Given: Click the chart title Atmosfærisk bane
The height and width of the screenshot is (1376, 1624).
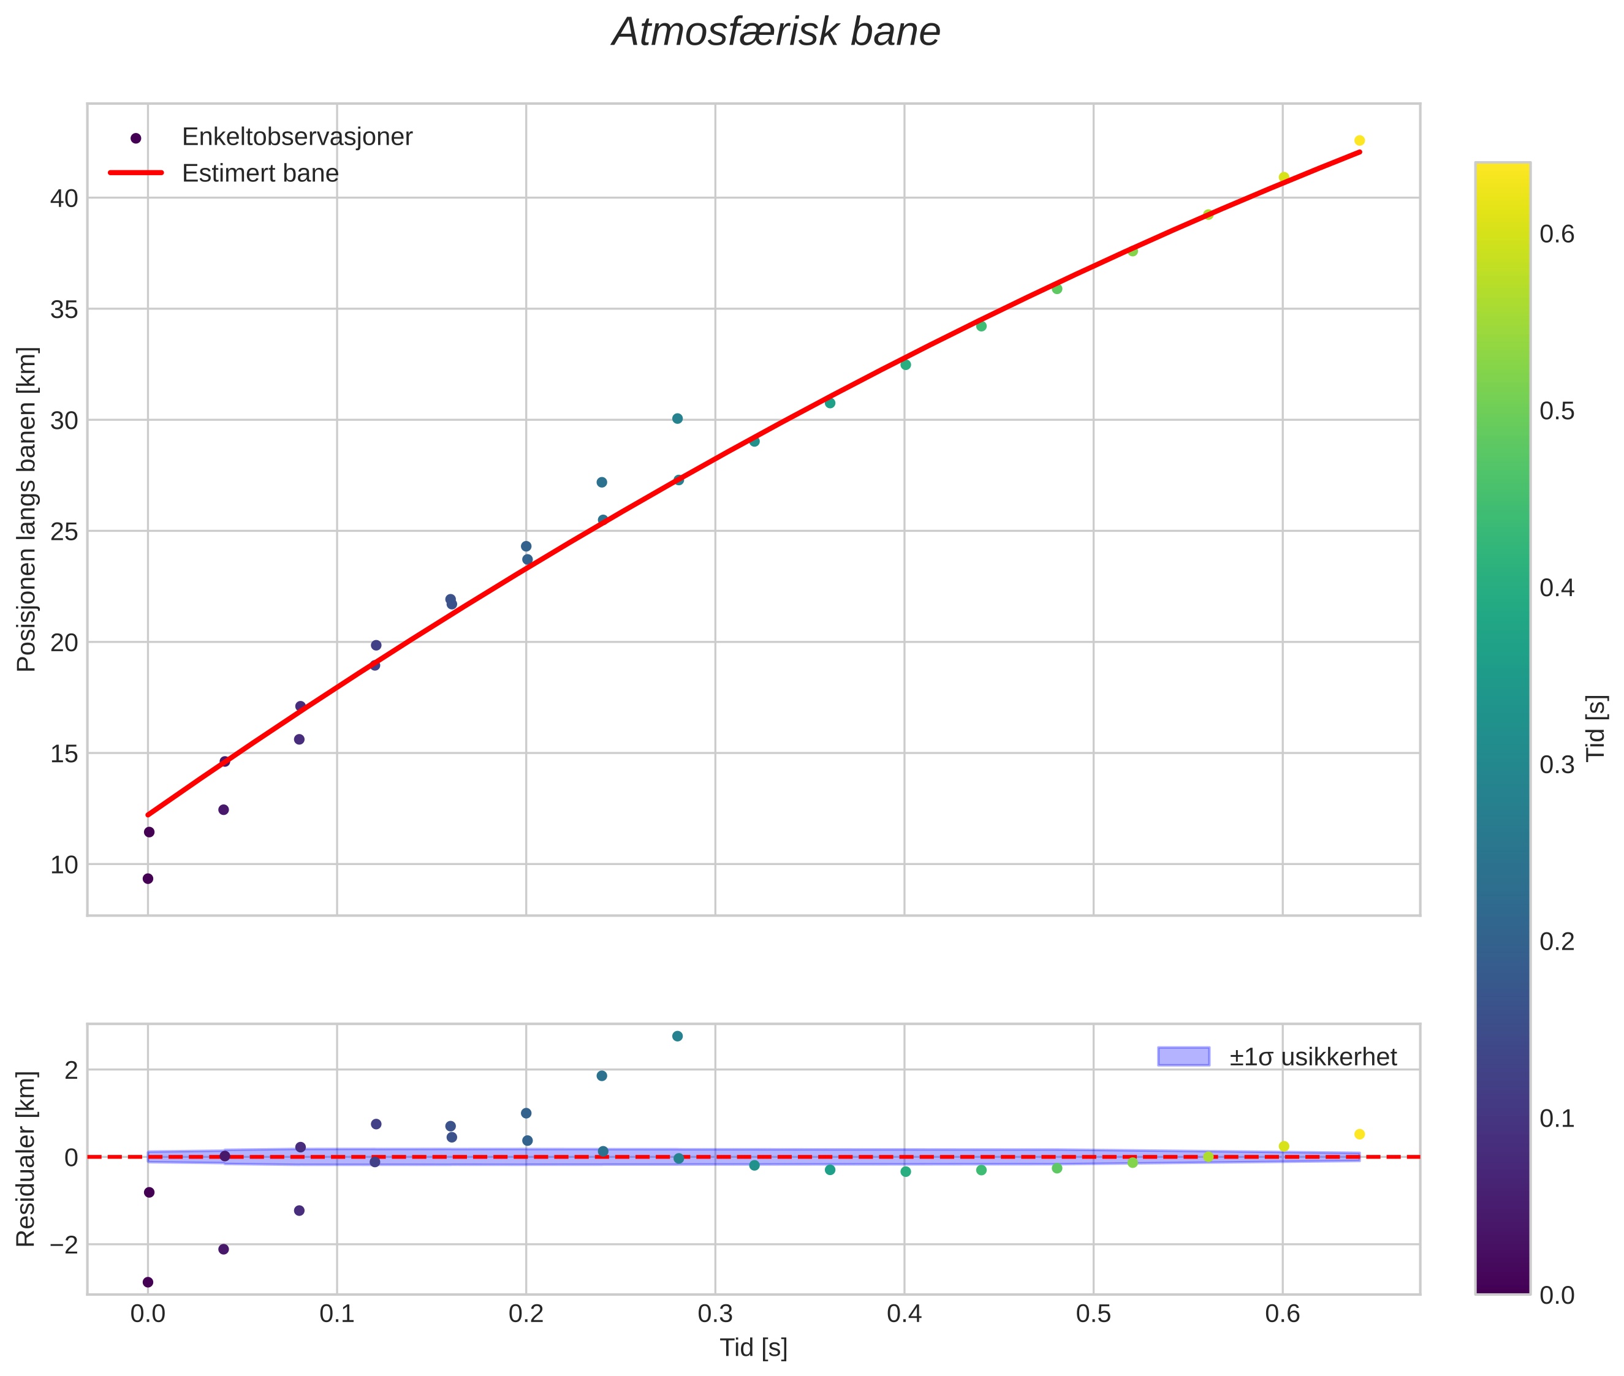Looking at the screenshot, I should [x=776, y=32].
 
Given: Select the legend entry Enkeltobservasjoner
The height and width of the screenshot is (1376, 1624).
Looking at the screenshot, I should [x=297, y=137].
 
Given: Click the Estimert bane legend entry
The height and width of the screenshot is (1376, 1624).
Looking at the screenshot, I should [x=260, y=173].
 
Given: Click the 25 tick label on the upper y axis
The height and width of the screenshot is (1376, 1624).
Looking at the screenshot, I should [x=65, y=532].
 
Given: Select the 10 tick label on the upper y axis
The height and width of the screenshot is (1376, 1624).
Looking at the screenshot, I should [x=65, y=865].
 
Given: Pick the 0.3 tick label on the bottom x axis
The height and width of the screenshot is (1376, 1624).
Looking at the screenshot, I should [x=715, y=1314].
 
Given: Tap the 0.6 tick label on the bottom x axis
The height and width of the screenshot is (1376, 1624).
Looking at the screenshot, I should [x=1282, y=1314].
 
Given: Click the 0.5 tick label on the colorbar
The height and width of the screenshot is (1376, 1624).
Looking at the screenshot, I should [x=1557, y=411].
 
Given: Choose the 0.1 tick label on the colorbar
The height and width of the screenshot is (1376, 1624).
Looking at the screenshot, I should [x=1557, y=1119].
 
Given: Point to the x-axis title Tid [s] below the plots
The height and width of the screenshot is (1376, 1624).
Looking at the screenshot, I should [x=753, y=1348].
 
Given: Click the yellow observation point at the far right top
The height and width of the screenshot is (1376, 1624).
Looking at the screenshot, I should [x=1359, y=141].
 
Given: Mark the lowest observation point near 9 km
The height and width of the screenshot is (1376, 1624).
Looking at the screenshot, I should [x=148, y=879].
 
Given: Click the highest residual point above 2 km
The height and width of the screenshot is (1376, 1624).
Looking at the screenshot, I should [x=677, y=1036].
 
